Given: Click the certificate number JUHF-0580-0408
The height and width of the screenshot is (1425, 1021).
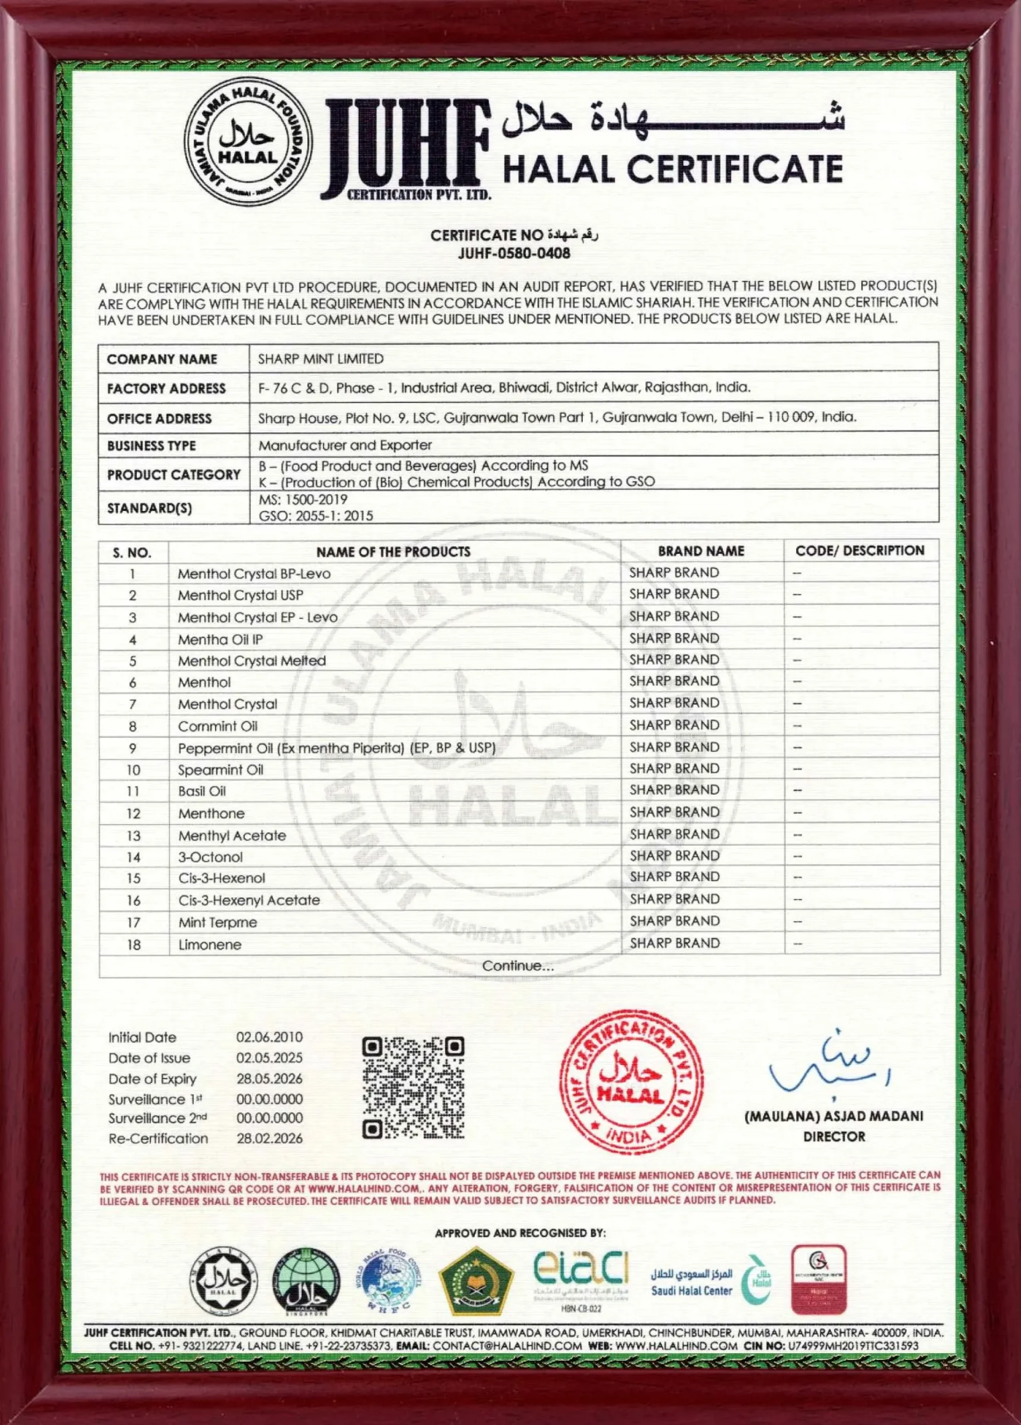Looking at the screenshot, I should click(514, 253).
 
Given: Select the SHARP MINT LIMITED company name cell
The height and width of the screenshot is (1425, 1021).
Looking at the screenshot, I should click(321, 359).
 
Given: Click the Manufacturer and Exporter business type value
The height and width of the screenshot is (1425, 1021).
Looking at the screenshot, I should click(345, 445).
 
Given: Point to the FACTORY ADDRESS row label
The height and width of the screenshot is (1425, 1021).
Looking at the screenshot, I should click(166, 389).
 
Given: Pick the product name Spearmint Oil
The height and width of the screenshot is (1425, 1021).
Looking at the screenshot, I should click(220, 770).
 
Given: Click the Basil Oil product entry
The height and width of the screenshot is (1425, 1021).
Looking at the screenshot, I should click(202, 791).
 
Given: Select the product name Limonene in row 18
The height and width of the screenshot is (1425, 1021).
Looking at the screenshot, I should click(209, 945).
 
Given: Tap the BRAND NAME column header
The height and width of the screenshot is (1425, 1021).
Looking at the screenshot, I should click(700, 551).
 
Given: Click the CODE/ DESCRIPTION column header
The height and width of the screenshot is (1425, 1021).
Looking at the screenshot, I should click(860, 551).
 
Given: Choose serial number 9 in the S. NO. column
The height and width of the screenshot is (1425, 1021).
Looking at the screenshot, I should click(132, 748).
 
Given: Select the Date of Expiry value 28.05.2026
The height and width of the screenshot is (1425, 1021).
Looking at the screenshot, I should click(269, 1079).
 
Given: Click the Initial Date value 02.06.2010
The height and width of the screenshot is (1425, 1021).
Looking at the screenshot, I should click(269, 1038).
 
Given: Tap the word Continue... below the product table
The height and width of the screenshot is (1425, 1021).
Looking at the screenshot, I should click(518, 966).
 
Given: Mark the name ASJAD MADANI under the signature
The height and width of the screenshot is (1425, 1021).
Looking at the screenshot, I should click(861, 1117).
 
